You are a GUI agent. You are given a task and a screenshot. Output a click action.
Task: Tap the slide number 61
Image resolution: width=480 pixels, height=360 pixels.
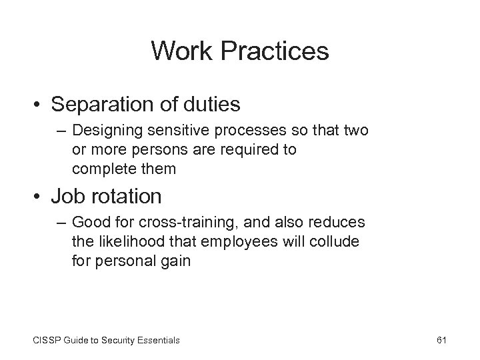point(441,340)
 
